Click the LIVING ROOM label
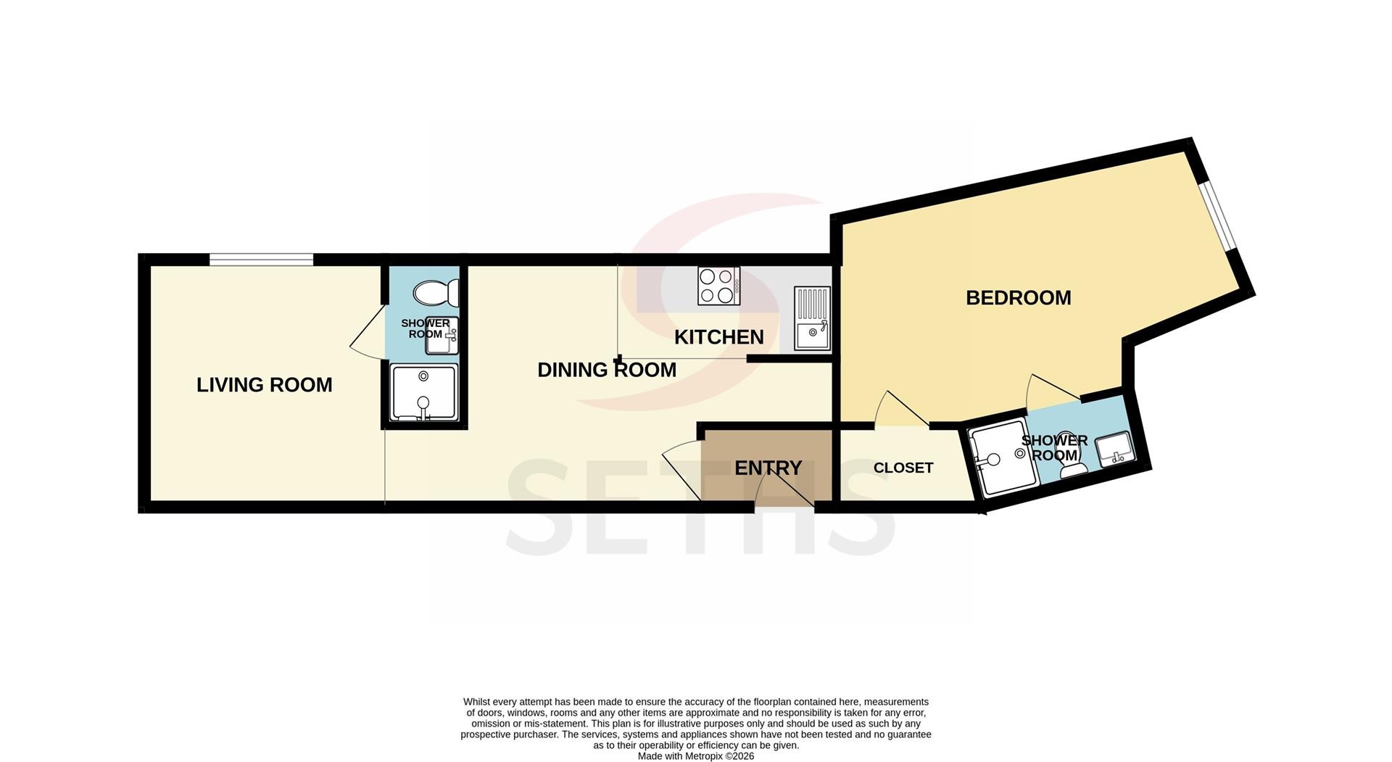265,385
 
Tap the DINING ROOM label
607,370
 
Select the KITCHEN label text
719,337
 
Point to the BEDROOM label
1019,298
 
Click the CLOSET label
903,468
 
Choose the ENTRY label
768,468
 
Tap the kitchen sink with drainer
813,319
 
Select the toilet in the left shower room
436,294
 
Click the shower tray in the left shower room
425,392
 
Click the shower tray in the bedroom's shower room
1001,458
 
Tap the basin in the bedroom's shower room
1114,449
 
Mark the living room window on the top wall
262,260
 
